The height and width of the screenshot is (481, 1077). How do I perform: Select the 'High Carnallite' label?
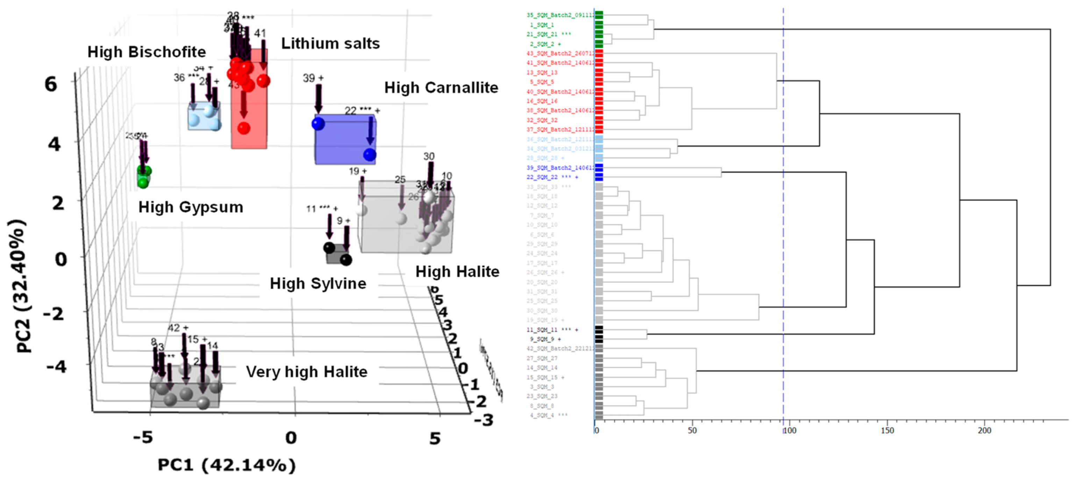tap(441, 88)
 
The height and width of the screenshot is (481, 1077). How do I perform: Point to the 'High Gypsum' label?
tap(191, 207)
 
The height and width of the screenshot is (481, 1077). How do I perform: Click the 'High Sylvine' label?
tap(318, 284)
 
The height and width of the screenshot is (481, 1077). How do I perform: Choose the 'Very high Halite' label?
tap(306, 372)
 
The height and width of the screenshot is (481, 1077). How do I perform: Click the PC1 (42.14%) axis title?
tap(226, 465)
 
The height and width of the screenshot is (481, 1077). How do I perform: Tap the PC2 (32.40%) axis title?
tap(20, 286)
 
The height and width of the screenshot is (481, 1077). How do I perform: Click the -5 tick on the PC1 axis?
tap(143, 438)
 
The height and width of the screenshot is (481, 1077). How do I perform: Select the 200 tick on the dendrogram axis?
tap(984, 430)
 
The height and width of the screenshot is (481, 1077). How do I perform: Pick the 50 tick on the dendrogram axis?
tap(692, 430)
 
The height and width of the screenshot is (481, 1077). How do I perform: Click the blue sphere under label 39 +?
tap(318, 124)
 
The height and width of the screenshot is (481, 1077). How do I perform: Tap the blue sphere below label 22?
tap(370, 155)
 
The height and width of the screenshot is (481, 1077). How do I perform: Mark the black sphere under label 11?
tap(329, 248)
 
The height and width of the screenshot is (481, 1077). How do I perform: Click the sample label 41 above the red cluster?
tap(260, 34)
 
